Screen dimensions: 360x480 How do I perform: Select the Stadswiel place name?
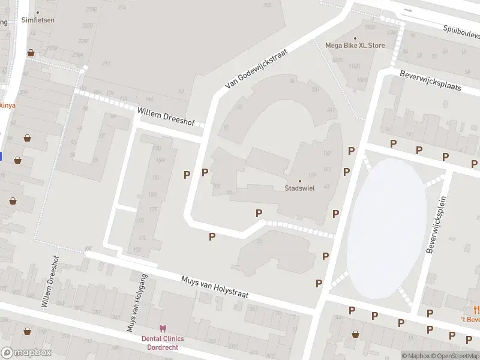tap(300, 188)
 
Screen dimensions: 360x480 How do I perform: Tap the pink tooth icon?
tap(161, 328)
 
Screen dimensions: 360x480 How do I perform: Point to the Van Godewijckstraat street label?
tap(257, 69)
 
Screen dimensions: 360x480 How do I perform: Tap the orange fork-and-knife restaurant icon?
tap(476, 310)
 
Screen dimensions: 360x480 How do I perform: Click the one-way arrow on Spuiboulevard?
tap(407, 10)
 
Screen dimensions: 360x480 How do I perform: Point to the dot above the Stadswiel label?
tap(300, 181)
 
